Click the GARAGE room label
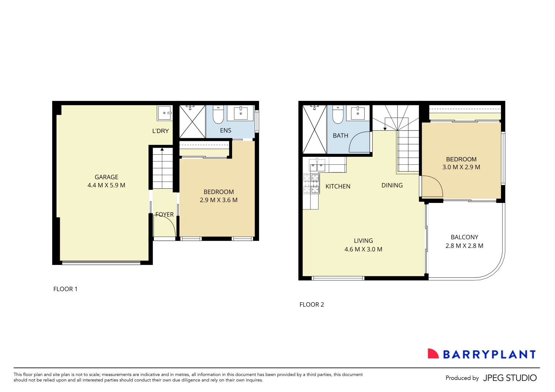106,177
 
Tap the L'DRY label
160,131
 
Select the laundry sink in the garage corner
165,113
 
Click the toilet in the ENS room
218,115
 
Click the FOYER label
164,215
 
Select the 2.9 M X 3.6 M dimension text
218,200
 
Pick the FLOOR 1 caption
65,289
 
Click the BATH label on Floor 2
340,135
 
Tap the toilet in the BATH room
338,115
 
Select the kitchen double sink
317,166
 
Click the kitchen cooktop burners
311,184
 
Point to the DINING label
392,185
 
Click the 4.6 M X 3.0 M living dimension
363,249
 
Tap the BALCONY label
464,237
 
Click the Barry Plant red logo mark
433,354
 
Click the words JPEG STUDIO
510,378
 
